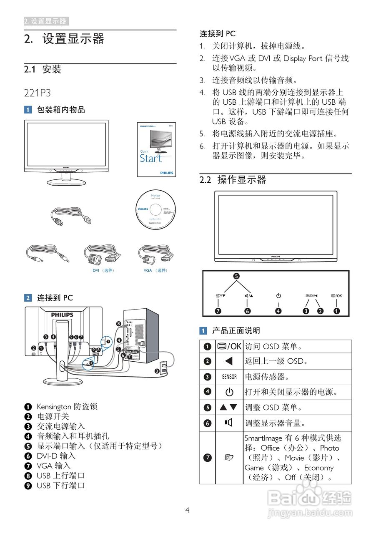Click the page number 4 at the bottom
[188, 510]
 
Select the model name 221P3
[38, 93]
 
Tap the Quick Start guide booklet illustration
[156, 149]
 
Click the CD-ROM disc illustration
[156, 209]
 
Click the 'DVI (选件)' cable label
[103, 270]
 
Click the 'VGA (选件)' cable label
[155, 270]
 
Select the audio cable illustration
[46, 254]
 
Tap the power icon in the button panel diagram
[278, 296]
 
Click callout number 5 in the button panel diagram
[236, 276]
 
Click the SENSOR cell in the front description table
[229, 377]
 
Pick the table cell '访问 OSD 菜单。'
[273, 346]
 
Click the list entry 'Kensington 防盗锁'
[67, 406]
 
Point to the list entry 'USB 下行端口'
[60, 485]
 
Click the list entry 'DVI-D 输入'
[56, 456]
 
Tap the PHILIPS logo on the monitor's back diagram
[62, 315]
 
